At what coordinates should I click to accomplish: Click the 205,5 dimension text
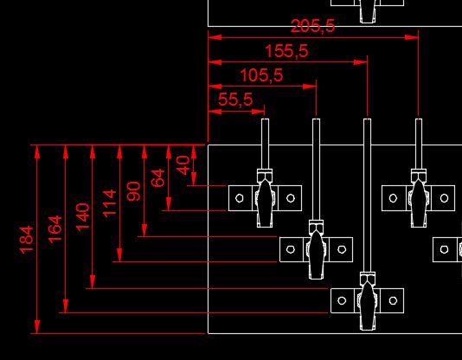312,26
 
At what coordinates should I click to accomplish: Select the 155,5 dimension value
286,51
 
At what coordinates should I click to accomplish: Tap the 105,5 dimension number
261,74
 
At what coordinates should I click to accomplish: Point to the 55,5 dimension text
235,99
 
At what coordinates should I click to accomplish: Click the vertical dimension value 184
27,240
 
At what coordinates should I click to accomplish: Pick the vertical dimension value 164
55,230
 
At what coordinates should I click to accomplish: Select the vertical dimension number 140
82,217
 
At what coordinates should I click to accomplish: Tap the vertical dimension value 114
109,203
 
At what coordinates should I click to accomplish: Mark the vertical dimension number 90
133,191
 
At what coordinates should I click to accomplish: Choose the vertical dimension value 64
158,177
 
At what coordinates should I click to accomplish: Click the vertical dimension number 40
183,165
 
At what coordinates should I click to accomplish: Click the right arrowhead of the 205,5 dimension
412,37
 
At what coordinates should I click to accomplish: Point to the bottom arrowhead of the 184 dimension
37,327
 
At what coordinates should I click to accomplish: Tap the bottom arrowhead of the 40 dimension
194,179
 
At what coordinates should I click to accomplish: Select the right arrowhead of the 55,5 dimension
258,112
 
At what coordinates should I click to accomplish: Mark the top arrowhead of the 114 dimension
119,151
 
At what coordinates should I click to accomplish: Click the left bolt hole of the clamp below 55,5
240,198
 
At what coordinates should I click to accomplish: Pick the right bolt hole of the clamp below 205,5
444,198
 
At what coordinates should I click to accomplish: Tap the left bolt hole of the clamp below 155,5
342,300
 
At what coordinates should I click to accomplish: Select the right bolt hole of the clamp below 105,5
342,249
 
